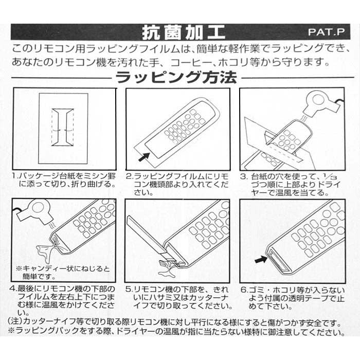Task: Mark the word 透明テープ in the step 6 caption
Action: [x=307, y=298]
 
